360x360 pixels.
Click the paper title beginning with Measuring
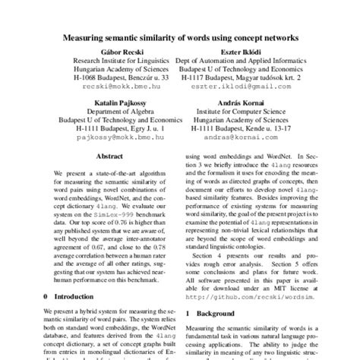180,36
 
